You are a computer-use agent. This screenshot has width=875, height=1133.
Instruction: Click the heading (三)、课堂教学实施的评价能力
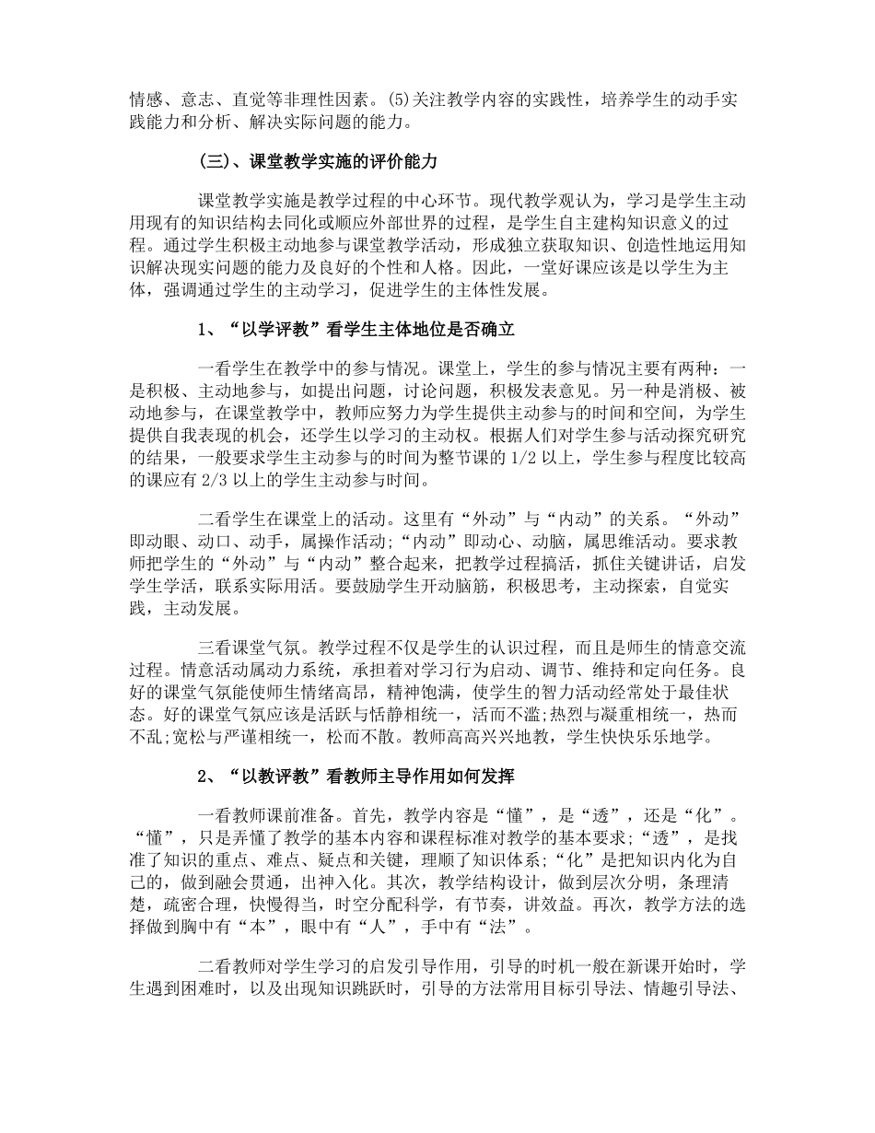[317, 161]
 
